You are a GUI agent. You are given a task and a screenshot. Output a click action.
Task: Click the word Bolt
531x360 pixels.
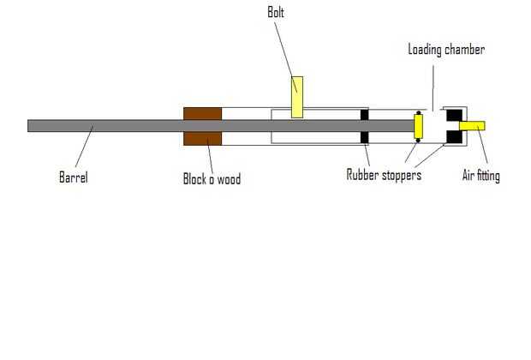click(276, 13)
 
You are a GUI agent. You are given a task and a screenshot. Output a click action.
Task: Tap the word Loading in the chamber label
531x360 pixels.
click(425, 50)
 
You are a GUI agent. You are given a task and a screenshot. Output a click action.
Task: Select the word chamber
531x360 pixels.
click(464, 50)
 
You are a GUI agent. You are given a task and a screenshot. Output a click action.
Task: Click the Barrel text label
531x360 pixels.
click(74, 177)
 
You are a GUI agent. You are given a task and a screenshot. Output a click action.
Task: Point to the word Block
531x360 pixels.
click(194, 178)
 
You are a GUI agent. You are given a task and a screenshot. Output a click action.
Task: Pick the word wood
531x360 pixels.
click(229, 178)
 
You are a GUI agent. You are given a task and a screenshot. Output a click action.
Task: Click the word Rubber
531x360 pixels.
click(362, 175)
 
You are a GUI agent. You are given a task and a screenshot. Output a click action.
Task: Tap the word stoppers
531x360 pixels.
click(402, 176)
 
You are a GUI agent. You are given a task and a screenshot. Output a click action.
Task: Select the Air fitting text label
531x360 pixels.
click(480, 176)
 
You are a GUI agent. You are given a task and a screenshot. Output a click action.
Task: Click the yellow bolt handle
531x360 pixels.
click(297, 97)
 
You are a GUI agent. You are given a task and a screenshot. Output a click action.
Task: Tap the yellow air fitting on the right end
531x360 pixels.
click(472, 126)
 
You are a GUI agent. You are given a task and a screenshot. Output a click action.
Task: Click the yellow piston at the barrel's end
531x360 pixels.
click(418, 126)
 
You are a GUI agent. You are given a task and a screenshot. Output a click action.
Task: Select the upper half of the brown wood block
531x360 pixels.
click(202, 113)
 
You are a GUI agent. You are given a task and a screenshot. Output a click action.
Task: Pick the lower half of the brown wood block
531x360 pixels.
click(202, 139)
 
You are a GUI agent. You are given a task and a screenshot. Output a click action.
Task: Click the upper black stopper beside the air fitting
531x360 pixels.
click(454, 115)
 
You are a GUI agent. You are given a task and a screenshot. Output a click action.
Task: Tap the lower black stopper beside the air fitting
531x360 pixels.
click(454, 137)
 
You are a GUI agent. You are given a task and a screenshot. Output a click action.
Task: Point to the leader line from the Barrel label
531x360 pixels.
click(84, 146)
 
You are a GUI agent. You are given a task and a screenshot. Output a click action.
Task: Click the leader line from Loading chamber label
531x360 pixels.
click(433, 87)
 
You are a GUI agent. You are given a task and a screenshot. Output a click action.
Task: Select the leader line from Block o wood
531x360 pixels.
click(211, 155)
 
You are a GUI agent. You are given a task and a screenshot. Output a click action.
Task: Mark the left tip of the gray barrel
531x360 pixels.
click(27, 126)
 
